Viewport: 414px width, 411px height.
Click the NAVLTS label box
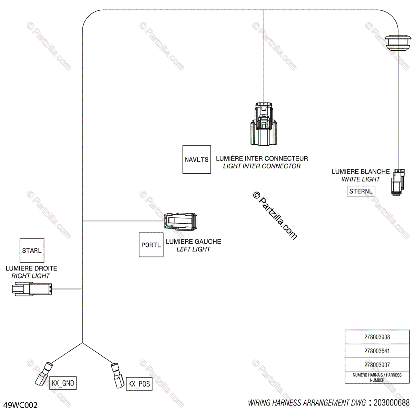[x=197, y=159]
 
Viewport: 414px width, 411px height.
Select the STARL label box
[x=32, y=250]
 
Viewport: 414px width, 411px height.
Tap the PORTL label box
[x=151, y=245]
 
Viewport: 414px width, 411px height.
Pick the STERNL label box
[x=361, y=191]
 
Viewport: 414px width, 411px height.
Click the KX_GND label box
[x=63, y=383]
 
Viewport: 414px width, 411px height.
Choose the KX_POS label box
[x=139, y=384]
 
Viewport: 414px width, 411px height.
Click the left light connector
[x=181, y=221]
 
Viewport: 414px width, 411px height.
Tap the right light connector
[x=32, y=289]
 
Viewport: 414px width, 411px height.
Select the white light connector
[x=398, y=182]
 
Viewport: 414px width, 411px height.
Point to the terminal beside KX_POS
[x=117, y=374]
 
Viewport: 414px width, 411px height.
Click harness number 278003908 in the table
[x=377, y=337]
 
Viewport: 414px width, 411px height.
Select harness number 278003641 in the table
[x=377, y=351]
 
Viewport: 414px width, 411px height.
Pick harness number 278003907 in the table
[x=377, y=365]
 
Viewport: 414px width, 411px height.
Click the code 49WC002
[x=20, y=405]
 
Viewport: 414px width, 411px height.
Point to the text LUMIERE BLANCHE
[x=361, y=172]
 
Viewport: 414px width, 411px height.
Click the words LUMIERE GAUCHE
[x=194, y=242]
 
